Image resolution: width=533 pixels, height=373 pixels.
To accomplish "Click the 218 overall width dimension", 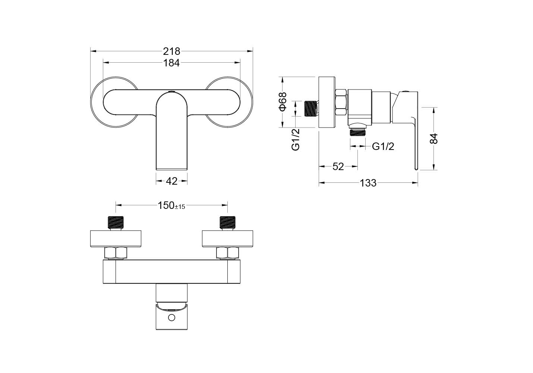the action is pos(171,51).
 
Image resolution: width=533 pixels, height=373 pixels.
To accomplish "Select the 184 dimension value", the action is pos(171,63).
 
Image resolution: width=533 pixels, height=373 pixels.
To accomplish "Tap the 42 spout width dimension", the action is pos(171,181).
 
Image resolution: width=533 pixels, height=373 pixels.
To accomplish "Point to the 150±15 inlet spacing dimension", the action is pos(171,205).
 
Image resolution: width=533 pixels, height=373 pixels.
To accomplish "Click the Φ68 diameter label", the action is pos(283,102).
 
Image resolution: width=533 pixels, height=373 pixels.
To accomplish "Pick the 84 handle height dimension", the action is pos(434,139).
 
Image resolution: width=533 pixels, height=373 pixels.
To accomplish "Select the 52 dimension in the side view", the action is pos(338,166).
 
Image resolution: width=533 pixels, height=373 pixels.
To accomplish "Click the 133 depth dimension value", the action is pos(368,183).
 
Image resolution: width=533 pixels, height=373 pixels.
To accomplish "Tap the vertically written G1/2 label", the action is pos(296,140).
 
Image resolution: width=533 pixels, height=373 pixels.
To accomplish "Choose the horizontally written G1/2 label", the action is pos(383,147).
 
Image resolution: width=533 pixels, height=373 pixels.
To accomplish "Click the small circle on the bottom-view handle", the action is pos(171,317).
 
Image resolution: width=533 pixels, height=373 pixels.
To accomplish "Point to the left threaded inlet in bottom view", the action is pos(116,223).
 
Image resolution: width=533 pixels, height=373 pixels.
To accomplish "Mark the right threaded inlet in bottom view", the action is pos(227,223).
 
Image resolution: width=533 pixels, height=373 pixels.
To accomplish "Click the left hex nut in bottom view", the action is pos(116,253).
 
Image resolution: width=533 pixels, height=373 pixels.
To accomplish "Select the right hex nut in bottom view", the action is pos(227,253).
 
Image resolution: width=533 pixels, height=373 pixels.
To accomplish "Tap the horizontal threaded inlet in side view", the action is pos(311,109).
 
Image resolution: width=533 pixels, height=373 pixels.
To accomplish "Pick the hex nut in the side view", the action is pos(341,103).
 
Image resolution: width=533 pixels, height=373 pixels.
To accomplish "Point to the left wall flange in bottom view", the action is pos(116,239).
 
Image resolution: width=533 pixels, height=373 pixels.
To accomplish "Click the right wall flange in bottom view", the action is pos(227,239).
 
